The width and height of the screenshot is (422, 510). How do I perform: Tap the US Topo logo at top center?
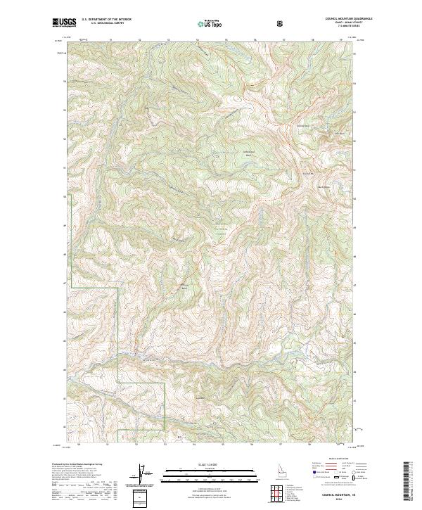pos(211,24)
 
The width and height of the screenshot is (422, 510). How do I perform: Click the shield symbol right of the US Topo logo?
pos(280,24)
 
